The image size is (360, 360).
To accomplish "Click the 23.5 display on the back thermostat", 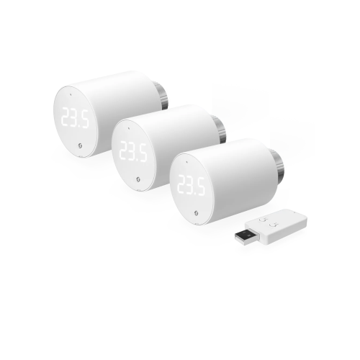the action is coord(75,118).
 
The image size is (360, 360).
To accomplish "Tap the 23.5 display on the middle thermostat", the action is coord(133,152).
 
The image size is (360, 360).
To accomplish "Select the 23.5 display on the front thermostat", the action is coord(191,185).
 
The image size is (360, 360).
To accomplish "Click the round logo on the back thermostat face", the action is coord(80,145).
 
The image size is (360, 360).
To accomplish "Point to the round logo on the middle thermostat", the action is coord(138,179).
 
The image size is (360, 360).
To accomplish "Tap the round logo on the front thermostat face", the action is coord(196,213).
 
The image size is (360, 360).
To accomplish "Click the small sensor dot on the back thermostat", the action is coord(71,94).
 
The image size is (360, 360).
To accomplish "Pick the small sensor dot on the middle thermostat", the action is coord(129,128).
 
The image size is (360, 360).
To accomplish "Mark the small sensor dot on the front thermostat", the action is coord(186,162).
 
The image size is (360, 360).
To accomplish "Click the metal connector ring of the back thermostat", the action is coord(163,96).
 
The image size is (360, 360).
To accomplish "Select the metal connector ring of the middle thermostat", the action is coord(220,130).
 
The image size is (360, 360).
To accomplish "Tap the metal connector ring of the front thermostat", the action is coord(279,163).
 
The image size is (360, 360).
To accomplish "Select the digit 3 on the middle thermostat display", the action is coord(133,152).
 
